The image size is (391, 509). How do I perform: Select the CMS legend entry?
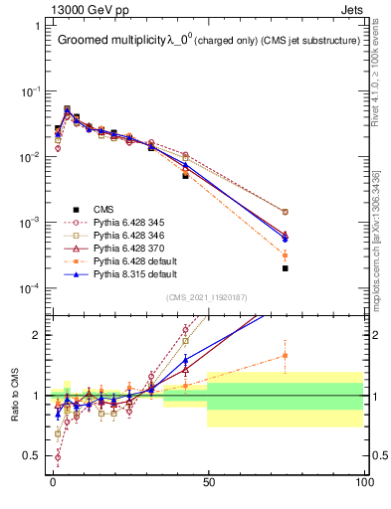103,209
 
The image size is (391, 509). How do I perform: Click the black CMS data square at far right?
286,268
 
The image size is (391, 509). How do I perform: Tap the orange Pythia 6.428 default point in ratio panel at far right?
286,355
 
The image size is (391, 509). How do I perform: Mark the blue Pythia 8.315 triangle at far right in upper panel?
286,239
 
